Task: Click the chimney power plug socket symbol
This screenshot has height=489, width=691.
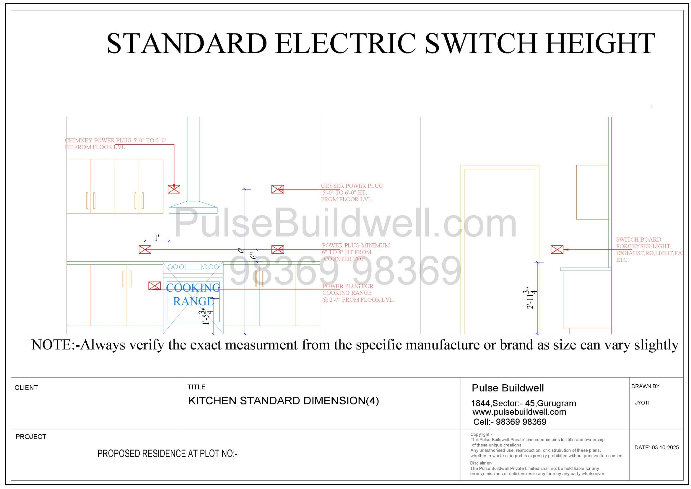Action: [174, 189]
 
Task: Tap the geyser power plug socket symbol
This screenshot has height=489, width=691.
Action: [277, 189]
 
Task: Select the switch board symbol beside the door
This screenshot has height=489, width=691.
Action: [557, 250]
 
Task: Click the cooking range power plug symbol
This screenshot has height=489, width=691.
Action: [155, 286]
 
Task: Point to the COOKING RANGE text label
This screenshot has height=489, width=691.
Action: [193, 294]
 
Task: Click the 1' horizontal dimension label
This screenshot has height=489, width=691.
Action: [157, 238]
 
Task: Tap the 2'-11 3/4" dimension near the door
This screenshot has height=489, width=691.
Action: [531, 299]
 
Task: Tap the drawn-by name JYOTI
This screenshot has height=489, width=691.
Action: [642, 403]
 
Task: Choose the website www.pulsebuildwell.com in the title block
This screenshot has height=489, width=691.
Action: [519, 412]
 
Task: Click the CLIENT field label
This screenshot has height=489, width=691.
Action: [26, 388]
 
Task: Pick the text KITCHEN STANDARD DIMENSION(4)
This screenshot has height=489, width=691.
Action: [284, 401]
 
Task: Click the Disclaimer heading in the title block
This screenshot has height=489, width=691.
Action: [481, 463]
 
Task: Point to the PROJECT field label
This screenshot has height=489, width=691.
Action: [31, 437]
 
